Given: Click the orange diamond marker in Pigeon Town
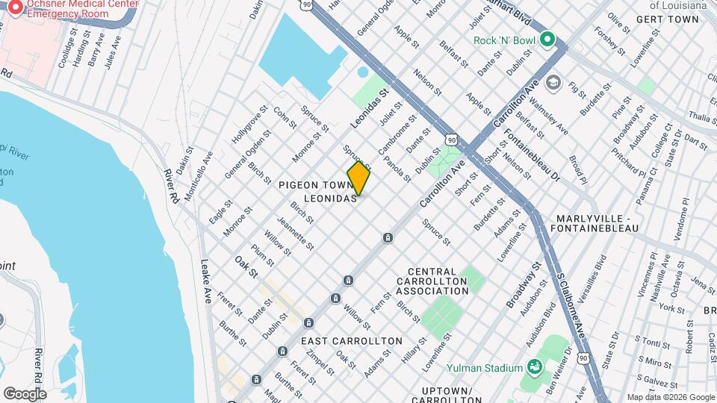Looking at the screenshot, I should click(x=358, y=178).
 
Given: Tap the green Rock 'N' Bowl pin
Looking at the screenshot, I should click(x=547, y=39).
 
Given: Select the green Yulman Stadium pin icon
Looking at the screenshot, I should click(x=534, y=367).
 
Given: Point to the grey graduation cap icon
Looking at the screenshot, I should click(x=553, y=81).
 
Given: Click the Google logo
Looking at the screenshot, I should click(x=25, y=393).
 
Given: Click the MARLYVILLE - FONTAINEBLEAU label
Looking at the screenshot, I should click(x=595, y=223).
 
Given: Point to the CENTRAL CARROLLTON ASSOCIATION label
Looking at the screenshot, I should click(x=432, y=281).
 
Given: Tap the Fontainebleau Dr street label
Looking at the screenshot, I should click(x=533, y=154).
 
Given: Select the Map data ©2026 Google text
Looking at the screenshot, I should click(x=670, y=397).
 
